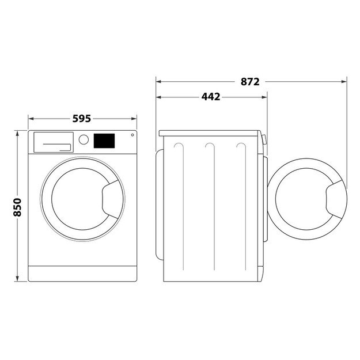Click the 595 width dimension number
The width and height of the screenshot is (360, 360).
point(81,119)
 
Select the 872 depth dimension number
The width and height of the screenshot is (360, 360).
point(250,82)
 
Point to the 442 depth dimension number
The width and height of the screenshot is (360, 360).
point(211,97)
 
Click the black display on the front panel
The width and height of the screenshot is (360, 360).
point(104,140)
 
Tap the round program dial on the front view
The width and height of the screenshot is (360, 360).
point(84,139)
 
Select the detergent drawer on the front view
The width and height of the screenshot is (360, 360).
point(54,142)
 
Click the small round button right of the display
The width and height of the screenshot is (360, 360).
point(132,135)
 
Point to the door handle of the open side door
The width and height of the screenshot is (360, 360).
point(335,199)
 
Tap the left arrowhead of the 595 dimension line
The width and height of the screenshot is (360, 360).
point(31,119)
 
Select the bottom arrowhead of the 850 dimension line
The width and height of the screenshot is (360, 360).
point(17,280)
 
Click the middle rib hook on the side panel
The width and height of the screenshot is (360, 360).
point(209,145)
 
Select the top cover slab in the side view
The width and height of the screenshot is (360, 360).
point(211,133)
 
